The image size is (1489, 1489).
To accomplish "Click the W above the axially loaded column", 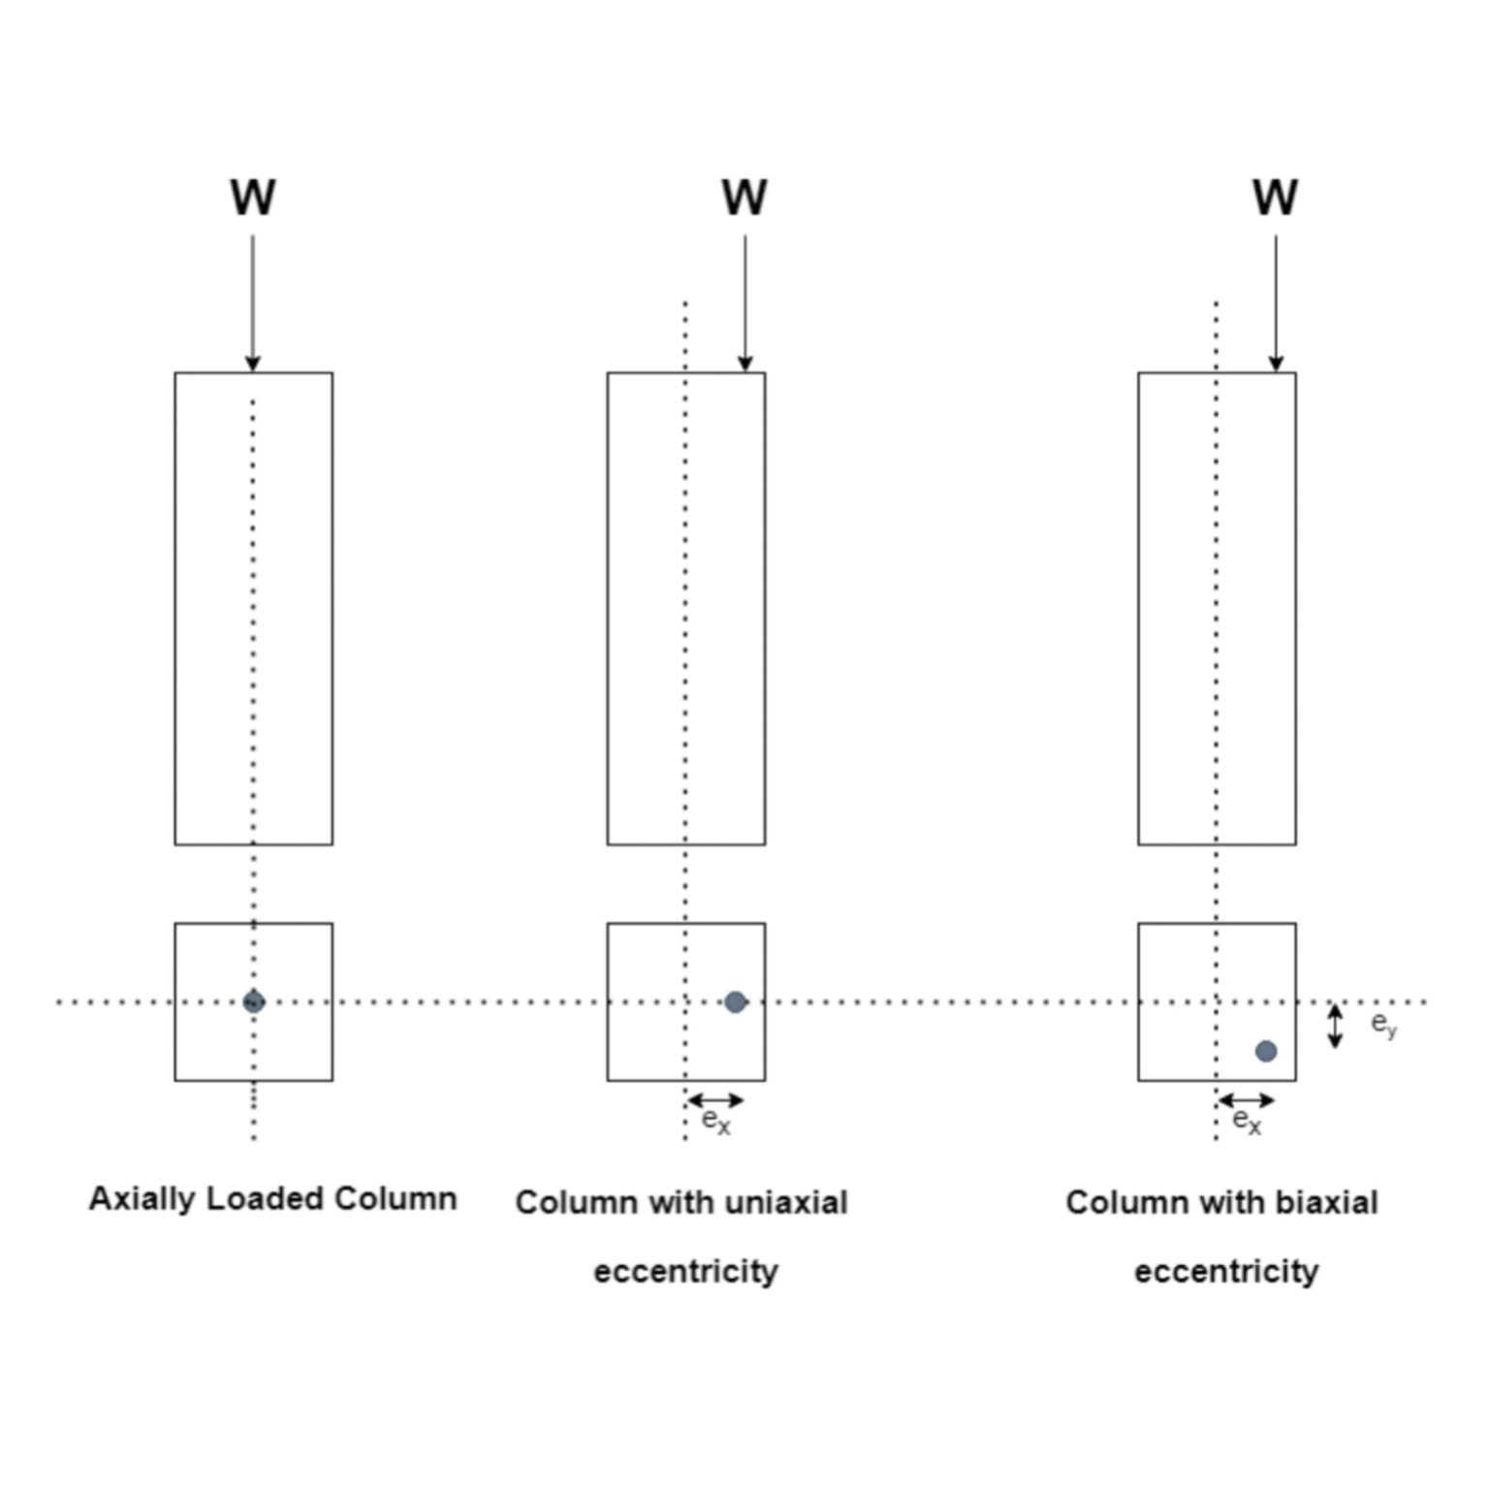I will coord(253,198).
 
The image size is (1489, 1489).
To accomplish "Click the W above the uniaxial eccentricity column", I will coord(744,198).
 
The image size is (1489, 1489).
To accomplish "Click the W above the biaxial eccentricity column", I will coord(1275,198).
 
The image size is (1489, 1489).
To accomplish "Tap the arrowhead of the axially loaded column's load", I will coord(253,364).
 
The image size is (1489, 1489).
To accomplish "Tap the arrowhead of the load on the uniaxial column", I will coord(744,364).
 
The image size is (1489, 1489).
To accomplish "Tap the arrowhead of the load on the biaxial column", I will coord(1276,364).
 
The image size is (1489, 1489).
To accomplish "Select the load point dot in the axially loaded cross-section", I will coord(254,1001).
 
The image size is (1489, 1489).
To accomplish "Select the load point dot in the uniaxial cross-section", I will coord(736,1001).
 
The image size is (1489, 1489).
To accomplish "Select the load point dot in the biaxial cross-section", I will coord(1266,1051).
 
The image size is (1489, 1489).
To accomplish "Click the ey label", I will coord(1383,1025).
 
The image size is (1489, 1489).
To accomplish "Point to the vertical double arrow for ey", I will coord(1335,1027).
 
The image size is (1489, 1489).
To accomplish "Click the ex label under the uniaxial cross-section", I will coord(715,1122).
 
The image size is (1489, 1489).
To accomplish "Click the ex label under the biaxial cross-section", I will coord(1247,1122).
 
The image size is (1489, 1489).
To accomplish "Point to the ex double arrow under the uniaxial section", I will coord(715,1100).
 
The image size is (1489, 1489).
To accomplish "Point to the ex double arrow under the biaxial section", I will coord(1247,1100).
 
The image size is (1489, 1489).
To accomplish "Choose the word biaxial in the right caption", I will coord(1326,1203).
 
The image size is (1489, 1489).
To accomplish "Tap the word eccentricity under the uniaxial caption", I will coord(685,1271).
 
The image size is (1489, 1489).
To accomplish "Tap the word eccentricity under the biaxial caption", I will coord(1226,1271).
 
